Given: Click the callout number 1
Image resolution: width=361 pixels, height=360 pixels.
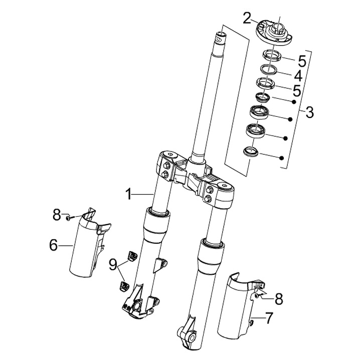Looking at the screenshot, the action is pos(129,194).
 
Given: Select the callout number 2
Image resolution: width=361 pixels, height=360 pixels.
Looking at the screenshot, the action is pos(247,19).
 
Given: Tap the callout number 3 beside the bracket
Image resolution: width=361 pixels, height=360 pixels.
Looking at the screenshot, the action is pos(309,112).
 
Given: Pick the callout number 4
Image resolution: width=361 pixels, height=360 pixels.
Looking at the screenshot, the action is pos(298,76).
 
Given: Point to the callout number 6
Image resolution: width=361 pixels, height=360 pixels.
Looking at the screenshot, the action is pos(54,245).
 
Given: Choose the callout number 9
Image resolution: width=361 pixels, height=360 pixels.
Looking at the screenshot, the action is pos(113,264).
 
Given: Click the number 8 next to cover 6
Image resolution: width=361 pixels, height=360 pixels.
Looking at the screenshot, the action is pos(57,215).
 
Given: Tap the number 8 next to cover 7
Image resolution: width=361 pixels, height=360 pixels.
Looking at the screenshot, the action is pos(279,299).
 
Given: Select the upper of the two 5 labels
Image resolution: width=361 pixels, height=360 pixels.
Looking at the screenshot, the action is pos(302,61).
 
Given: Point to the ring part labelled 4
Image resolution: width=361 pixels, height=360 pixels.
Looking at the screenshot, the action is pos(268,69).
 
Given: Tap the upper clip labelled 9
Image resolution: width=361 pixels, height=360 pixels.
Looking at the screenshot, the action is pos(132,255).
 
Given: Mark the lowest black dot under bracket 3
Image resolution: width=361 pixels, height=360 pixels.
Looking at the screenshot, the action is pos(281,158).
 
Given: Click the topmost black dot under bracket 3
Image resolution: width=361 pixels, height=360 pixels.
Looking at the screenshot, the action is pos(294,102).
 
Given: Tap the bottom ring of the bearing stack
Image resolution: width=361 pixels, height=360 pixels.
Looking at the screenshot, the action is pos(251,152).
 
